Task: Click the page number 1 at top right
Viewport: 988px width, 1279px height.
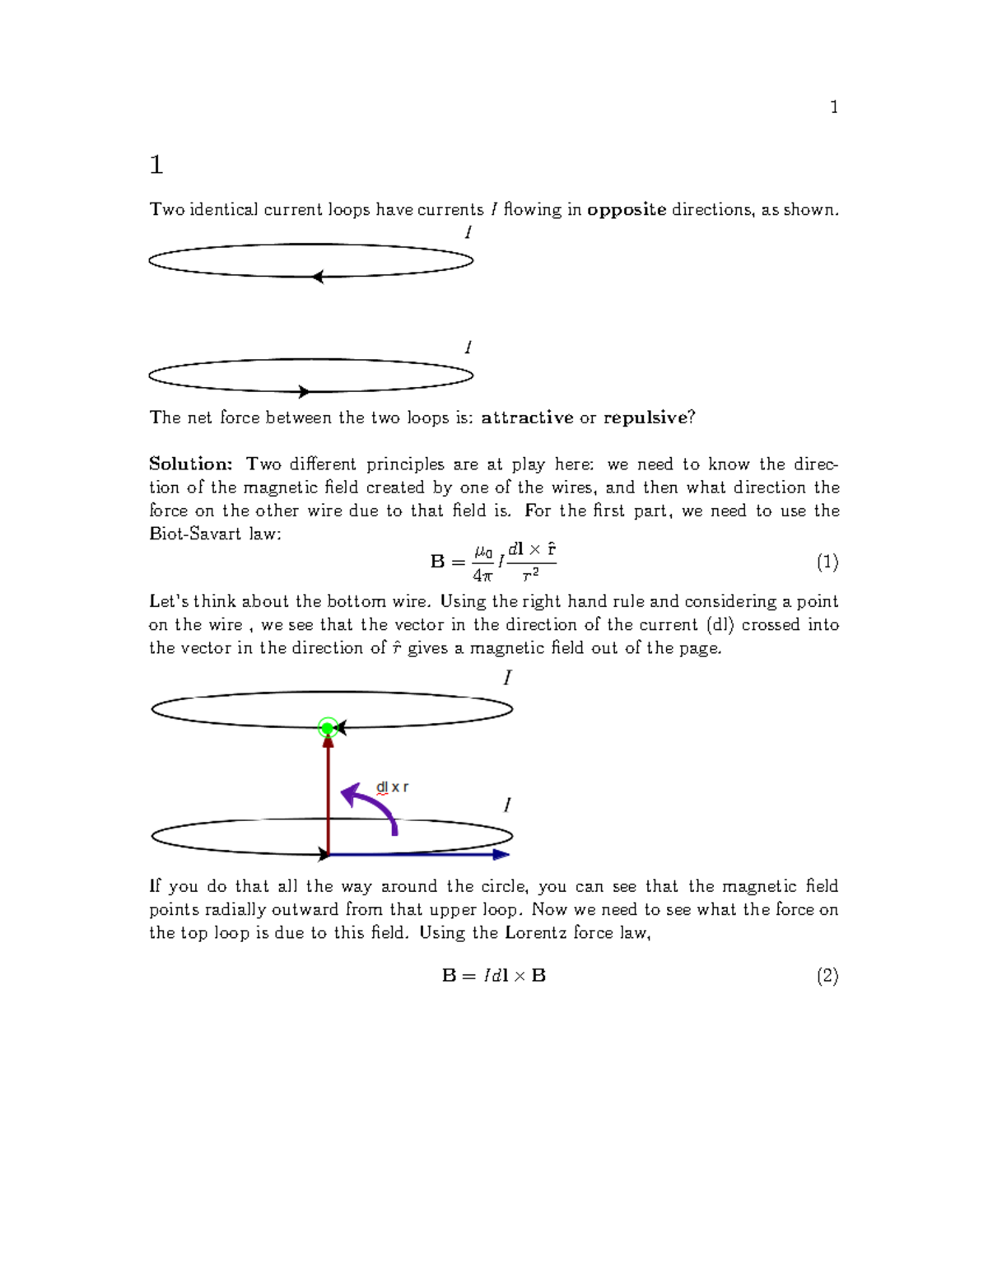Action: pyautogui.click(x=834, y=107)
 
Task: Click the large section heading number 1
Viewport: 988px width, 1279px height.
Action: pyautogui.click(x=156, y=165)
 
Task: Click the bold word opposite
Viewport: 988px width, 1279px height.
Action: pyautogui.click(x=627, y=210)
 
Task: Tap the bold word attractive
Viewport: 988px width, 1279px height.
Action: pyautogui.click(x=527, y=418)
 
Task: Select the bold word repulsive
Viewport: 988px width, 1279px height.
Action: pyautogui.click(x=645, y=418)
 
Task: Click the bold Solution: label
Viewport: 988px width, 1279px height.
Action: pyautogui.click(x=191, y=464)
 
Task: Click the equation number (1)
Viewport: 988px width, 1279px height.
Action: pyautogui.click(x=827, y=562)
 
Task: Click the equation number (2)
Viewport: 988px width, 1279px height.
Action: pyautogui.click(x=827, y=976)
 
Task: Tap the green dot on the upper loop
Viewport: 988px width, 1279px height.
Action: pyautogui.click(x=328, y=728)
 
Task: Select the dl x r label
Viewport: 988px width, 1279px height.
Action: pyautogui.click(x=392, y=787)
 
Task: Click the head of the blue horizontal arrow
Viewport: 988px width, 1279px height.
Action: pyautogui.click(x=501, y=855)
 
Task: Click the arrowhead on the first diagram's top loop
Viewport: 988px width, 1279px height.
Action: pyautogui.click(x=318, y=277)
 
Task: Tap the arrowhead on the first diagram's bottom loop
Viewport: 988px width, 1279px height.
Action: pyautogui.click(x=304, y=392)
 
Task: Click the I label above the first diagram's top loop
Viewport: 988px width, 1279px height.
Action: pyautogui.click(x=468, y=233)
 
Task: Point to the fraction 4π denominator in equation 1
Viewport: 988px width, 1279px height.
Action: pyautogui.click(x=482, y=576)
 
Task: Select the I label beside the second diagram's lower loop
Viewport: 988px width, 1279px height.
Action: pyautogui.click(x=507, y=805)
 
